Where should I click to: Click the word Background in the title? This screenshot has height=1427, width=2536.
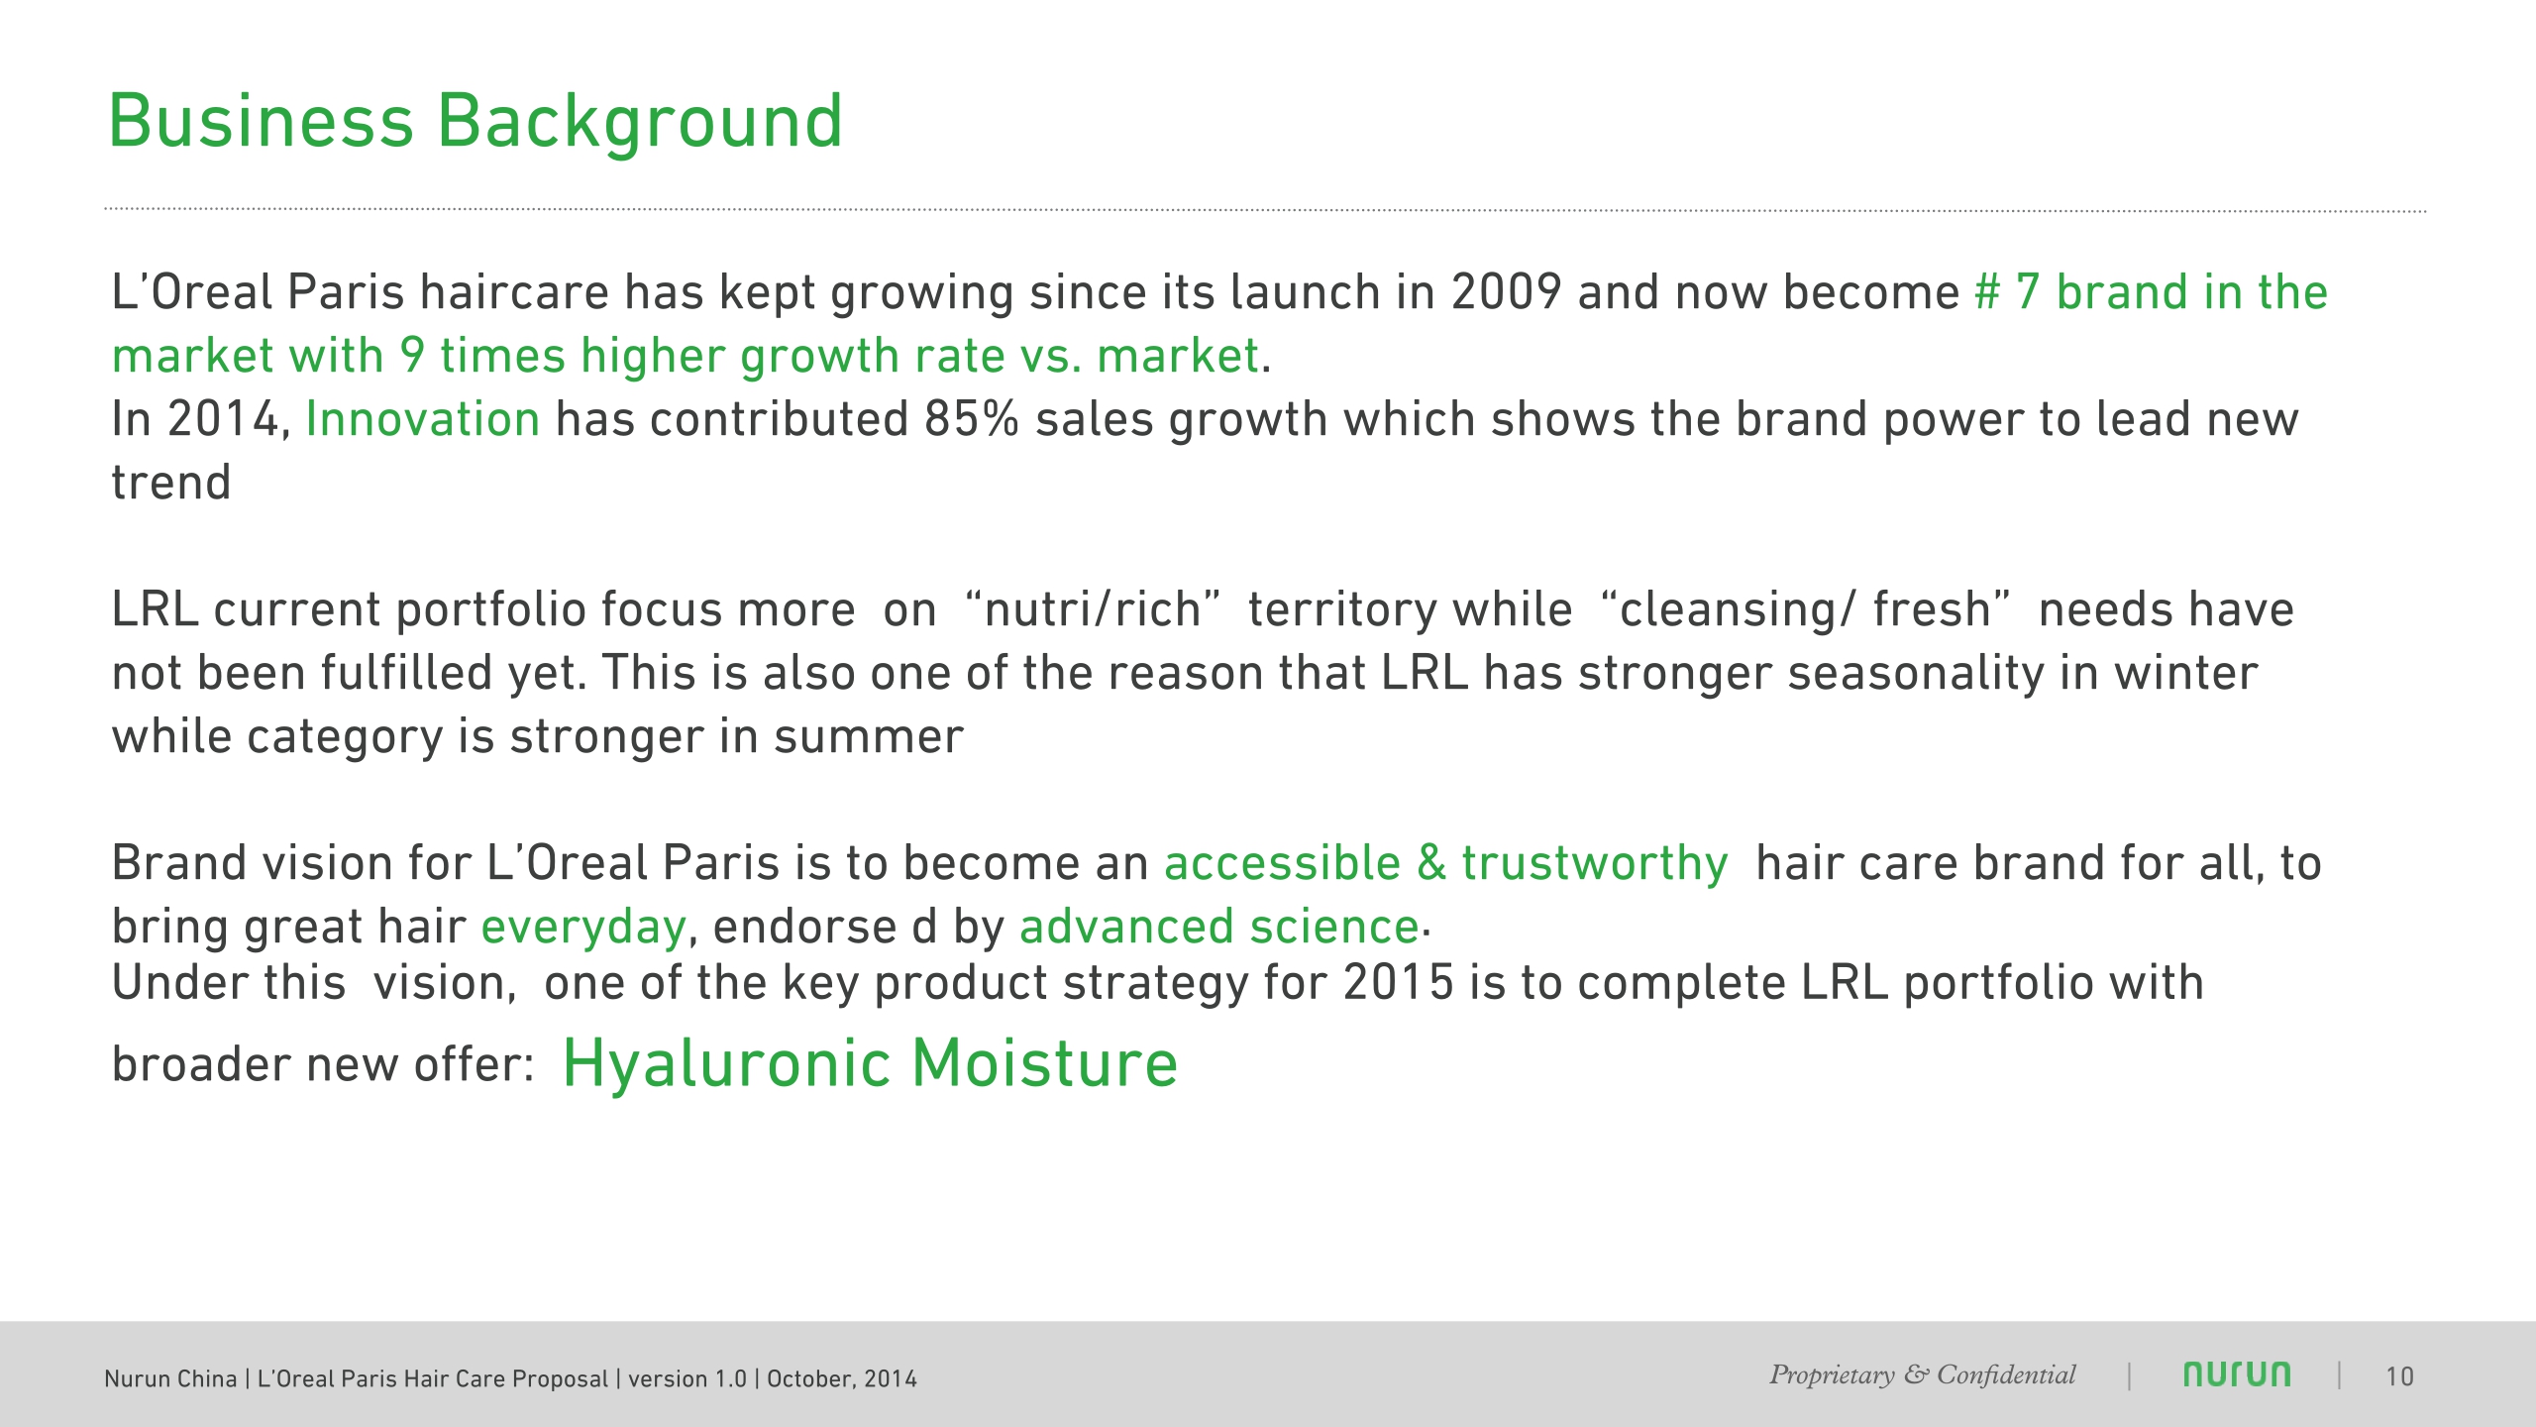640,121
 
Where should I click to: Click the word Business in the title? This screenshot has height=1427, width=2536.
261,121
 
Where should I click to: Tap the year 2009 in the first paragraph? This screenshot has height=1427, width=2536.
1506,292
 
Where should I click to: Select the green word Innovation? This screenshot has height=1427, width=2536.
423,419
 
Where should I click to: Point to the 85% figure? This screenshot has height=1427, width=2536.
971,419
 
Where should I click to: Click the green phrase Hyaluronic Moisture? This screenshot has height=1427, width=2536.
870,1063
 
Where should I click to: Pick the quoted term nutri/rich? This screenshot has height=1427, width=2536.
1093,609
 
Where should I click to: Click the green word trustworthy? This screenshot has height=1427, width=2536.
1594,863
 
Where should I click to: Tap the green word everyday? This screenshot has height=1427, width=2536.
583,928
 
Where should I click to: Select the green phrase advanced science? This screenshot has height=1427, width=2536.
1219,928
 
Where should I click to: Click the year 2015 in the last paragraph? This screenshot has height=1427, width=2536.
1398,983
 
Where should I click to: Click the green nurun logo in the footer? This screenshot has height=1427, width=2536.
2237,1375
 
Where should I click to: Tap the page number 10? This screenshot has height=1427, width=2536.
2399,1377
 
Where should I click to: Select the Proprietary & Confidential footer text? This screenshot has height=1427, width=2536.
1922,1375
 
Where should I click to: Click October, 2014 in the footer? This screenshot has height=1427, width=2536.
841,1379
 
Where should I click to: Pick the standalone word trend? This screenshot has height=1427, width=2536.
170,484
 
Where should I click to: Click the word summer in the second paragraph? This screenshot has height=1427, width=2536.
868,737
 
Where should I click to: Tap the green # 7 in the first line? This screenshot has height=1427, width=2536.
2006,292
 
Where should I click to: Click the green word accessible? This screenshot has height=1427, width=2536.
1282,863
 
